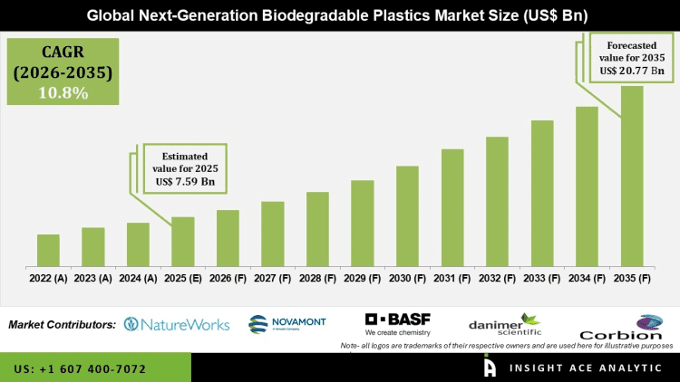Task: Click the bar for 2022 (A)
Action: tap(48, 251)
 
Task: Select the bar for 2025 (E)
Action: tap(182, 242)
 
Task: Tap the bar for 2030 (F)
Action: tap(407, 216)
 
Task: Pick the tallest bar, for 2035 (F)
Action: tap(632, 177)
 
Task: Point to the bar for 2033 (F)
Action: tap(542, 194)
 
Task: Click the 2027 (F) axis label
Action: tap(272, 279)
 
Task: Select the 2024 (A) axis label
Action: tap(138, 279)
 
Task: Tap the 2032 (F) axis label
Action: tap(497, 279)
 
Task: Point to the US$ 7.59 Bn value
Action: tap(185, 182)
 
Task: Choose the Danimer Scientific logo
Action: tap(504, 325)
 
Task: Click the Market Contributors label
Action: tap(62, 324)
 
